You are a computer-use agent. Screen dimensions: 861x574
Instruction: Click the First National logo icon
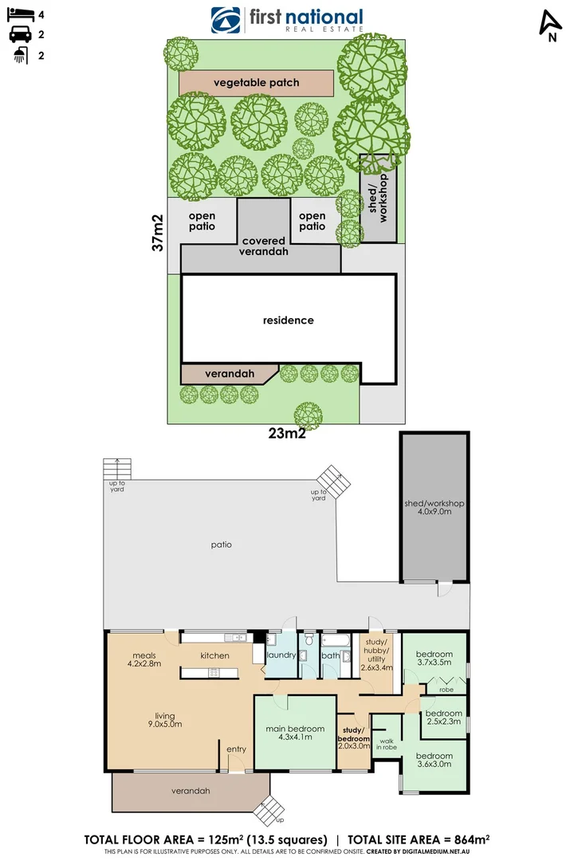pos(226,20)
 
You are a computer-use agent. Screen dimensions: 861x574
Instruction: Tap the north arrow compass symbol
pos(549,25)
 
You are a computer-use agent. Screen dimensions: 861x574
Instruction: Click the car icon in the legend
pos(20,34)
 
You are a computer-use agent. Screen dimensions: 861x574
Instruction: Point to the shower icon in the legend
pos(20,55)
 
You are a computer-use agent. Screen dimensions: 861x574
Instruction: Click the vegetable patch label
pos(256,83)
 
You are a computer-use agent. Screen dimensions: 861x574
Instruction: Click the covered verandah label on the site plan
pos(265,246)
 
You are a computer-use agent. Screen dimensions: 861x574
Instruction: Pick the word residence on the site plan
pos(289,320)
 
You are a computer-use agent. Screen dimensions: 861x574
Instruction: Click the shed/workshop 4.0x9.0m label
pos(434,508)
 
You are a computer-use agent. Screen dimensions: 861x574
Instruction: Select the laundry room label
pos(281,655)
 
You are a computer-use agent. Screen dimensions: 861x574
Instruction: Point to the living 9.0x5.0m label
pos(165,720)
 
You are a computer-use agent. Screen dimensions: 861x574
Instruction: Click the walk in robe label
pos(388,743)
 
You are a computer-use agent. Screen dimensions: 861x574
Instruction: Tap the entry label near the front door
pos(237,749)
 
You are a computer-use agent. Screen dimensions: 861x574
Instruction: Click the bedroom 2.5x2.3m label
pos(443,717)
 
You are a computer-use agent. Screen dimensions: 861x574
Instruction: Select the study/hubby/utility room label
pos(376,654)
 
